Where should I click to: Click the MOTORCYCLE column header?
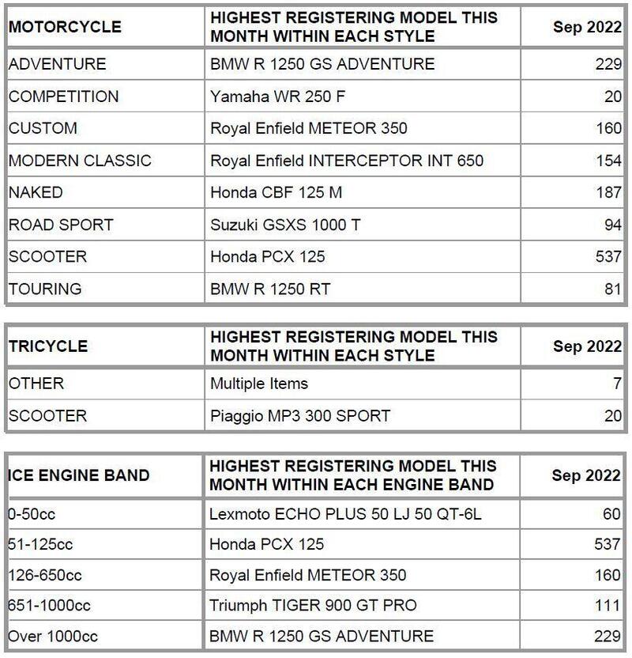pos(65,26)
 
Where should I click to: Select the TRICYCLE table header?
pos(48,346)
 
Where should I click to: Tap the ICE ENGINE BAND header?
pos(79,475)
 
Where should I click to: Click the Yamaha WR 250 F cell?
pos(277,96)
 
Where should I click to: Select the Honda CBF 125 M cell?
pos(276,193)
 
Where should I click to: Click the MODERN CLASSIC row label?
pos(80,161)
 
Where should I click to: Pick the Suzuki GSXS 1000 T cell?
pos(285,225)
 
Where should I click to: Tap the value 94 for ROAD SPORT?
pos(614,225)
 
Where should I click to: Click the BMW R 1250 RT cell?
pos(269,289)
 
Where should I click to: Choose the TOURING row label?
pos(45,289)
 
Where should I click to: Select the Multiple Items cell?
pos(259,384)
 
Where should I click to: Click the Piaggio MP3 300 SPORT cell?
pos(300,415)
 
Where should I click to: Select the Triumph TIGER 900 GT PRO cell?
pos(313,605)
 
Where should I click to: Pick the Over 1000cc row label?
pos(49,635)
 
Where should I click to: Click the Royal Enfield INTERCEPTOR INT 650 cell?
pos(347,161)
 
